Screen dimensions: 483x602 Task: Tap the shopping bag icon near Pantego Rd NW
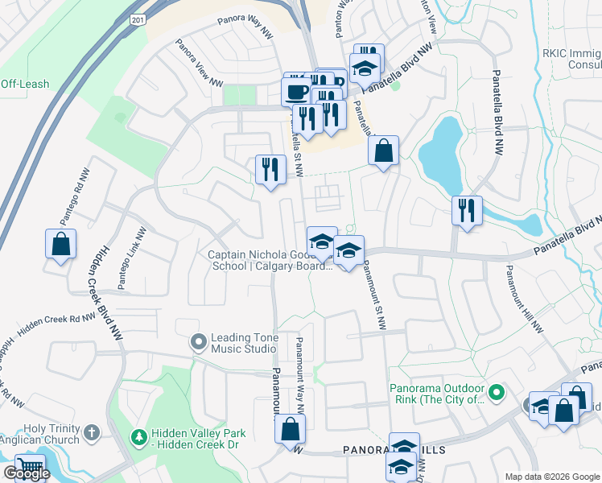tap(60, 245)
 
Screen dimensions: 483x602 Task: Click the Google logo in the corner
tap(27, 474)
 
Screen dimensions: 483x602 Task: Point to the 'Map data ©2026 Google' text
tap(551, 477)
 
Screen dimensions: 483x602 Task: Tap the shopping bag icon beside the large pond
tap(384, 150)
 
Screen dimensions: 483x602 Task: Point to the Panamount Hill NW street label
tap(524, 299)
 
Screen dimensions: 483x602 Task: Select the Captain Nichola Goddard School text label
tap(270, 260)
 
